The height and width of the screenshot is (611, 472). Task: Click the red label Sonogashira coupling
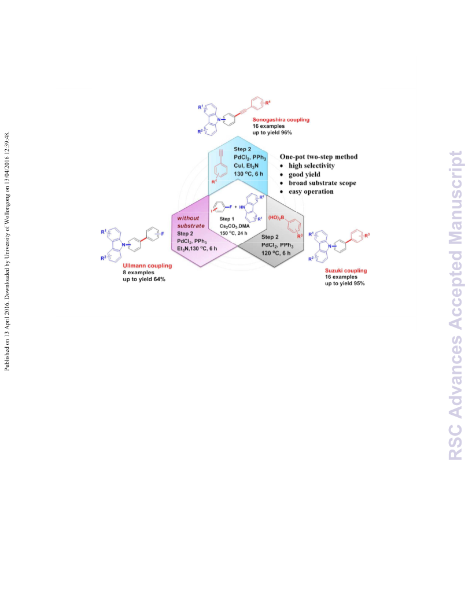coord(281,120)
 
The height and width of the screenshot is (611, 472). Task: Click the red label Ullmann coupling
coord(147,266)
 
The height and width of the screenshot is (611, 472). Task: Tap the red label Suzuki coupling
coord(346,270)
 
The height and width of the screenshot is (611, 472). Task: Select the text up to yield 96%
coord(272,132)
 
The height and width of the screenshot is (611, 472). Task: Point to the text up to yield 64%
coord(144,279)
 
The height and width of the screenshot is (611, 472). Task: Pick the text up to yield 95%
coord(345,284)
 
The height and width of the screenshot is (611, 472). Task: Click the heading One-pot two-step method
coord(319,157)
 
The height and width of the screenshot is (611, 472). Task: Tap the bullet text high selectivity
coord(312,165)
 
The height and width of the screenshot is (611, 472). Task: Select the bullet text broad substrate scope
coord(322,183)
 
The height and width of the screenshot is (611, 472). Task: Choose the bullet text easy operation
coord(311,192)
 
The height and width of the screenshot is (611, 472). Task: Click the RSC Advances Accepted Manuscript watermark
coord(455,305)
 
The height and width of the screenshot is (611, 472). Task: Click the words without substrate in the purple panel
coord(191,222)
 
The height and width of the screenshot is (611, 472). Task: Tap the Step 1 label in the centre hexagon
coord(227,219)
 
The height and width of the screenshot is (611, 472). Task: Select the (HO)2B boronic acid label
coord(276,218)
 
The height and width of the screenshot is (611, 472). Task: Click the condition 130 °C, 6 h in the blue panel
coord(249,174)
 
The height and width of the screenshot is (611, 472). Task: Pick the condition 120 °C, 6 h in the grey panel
coord(276,253)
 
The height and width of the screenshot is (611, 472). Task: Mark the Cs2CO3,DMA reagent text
coord(234,226)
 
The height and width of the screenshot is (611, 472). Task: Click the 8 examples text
coord(138,273)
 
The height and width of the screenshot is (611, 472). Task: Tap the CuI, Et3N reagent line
coord(246,165)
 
